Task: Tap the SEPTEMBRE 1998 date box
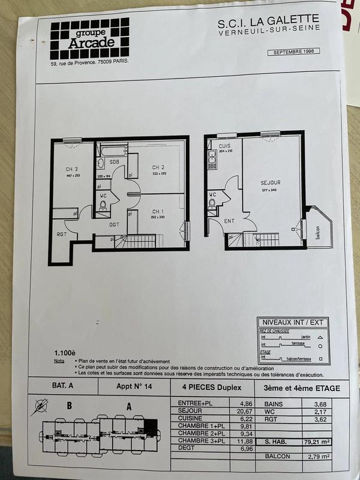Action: [295, 52]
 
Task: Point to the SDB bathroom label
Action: [114, 162]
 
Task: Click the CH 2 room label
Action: [158, 167]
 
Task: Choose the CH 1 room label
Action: [158, 211]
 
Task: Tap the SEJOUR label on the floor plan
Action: [270, 182]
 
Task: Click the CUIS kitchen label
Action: [225, 146]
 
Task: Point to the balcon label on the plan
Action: [317, 233]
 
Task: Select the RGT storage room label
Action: [61, 234]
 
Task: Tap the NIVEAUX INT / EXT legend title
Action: [290, 323]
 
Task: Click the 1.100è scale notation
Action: [65, 353]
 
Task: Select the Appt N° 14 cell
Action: [134, 388]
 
